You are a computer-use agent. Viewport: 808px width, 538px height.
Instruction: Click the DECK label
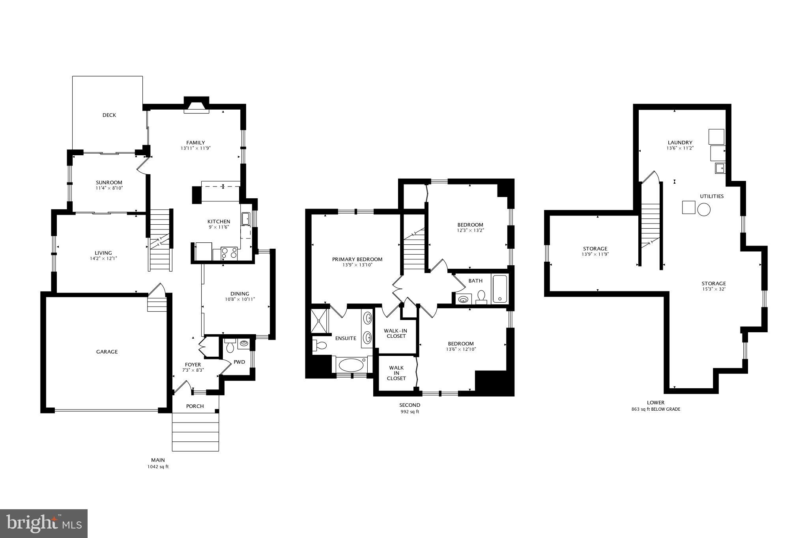109,115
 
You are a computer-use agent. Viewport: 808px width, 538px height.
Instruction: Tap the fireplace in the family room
196,107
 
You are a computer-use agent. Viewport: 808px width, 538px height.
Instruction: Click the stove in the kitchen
229,253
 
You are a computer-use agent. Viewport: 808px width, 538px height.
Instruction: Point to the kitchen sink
245,218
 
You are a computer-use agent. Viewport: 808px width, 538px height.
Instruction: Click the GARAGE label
107,352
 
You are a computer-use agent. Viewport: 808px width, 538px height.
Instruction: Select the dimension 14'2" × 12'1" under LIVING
103,259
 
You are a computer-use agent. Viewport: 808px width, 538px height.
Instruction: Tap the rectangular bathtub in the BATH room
499,289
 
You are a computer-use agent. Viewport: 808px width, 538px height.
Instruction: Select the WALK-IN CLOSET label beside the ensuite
396,333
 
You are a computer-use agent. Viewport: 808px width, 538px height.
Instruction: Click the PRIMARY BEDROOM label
357,259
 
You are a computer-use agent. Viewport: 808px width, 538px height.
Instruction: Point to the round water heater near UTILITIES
703,209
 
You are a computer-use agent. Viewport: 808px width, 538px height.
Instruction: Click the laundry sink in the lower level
720,168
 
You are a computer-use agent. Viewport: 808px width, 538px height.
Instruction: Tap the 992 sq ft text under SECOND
410,412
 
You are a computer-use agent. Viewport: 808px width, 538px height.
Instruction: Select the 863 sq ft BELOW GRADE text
656,410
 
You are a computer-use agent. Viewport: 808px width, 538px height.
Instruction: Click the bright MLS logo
44,523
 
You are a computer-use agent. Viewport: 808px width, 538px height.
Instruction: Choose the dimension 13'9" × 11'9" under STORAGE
595,255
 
